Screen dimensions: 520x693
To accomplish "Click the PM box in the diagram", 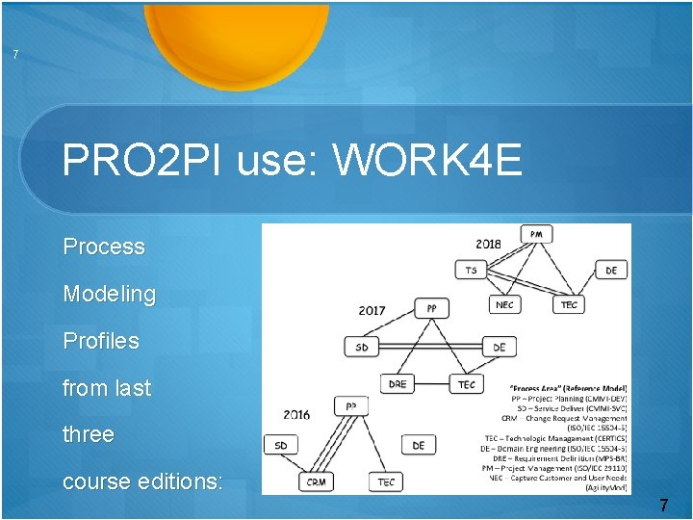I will pos(536,234).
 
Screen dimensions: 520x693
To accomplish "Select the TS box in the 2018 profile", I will pos(471,271).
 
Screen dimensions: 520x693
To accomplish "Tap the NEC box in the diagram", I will pos(504,304).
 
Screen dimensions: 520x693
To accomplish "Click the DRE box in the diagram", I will pos(398,383).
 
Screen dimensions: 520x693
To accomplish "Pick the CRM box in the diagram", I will pos(316,481).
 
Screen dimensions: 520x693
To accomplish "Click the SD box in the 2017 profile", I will pos(361,347).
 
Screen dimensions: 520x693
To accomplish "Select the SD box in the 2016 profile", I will pos(280,445).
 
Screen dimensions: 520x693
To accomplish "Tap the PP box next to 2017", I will pos(431,308).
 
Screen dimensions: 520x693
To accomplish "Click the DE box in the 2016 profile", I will pos(418,445).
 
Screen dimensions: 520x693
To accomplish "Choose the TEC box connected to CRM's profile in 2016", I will pos(386,481).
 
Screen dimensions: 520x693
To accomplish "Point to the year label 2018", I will pos(488,244).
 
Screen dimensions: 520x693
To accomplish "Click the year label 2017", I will pos(372,310).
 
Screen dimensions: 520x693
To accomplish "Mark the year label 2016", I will pos(296,414).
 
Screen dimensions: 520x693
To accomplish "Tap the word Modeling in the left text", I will pos(109,294).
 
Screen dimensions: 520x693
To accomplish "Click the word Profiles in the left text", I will pos(100,341).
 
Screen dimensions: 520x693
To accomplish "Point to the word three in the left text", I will pos(88,434).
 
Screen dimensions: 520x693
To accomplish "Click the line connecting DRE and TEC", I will pos(432,384).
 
